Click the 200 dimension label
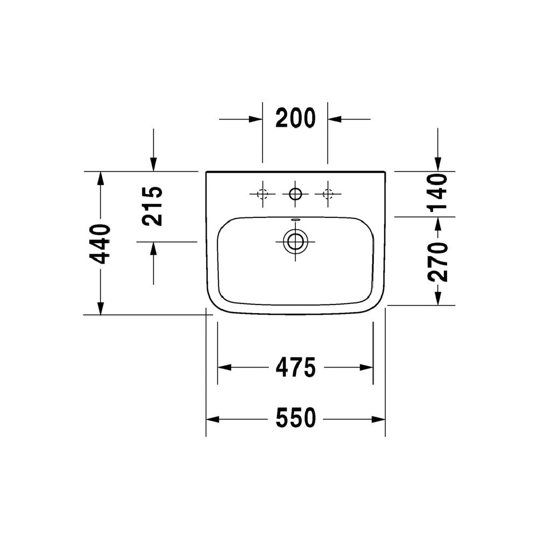pyautogui.click(x=295, y=118)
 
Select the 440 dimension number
pyautogui.click(x=100, y=244)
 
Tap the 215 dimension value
pyautogui.click(x=152, y=206)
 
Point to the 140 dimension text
pyautogui.click(x=437, y=193)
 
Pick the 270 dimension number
pyautogui.click(x=438, y=262)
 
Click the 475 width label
pyautogui.click(x=295, y=367)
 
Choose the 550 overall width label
pyautogui.click(x=295, y=418)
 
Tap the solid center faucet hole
pyautogui.click(x=295, y=194)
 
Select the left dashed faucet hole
pyautogui.click(x=263, y=194)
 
